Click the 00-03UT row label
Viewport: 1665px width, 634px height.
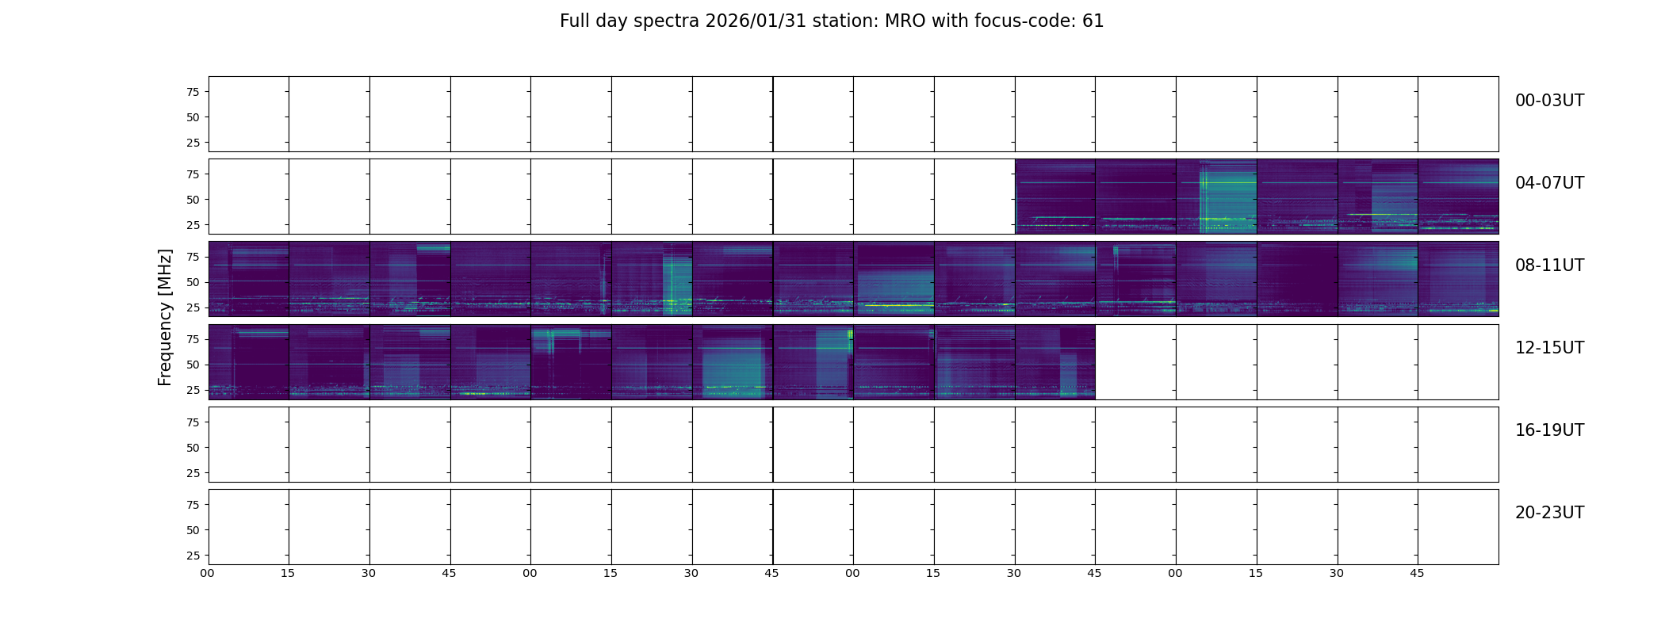(x=1549, y=101)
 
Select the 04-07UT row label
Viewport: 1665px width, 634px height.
(x=1549, y=183)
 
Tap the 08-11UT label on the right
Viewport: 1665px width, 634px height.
(x=1549, y=265)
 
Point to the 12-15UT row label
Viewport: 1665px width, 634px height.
(x=1549, y=348)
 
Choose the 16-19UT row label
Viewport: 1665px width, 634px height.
(x=1549, y=430)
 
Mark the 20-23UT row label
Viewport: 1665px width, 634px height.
(x=1549, y=513)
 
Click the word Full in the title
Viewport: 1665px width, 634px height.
(x=574, y=21)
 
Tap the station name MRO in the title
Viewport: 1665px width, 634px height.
(x=899, y=21)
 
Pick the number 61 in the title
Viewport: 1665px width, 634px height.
(x=1093, y=21)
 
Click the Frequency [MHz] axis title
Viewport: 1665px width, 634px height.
(x=165, y=317)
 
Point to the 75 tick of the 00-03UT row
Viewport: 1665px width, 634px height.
(x=193, y=92)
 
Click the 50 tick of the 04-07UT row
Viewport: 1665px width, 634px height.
(x=193, y=200)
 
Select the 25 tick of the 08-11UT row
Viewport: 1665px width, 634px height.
(x=193, y=307)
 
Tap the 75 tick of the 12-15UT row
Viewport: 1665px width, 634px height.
(x=193, y=339)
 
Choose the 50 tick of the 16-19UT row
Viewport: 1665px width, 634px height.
(x=193, y=448)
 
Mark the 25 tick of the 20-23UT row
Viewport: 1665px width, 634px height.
(x=193, y=556)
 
